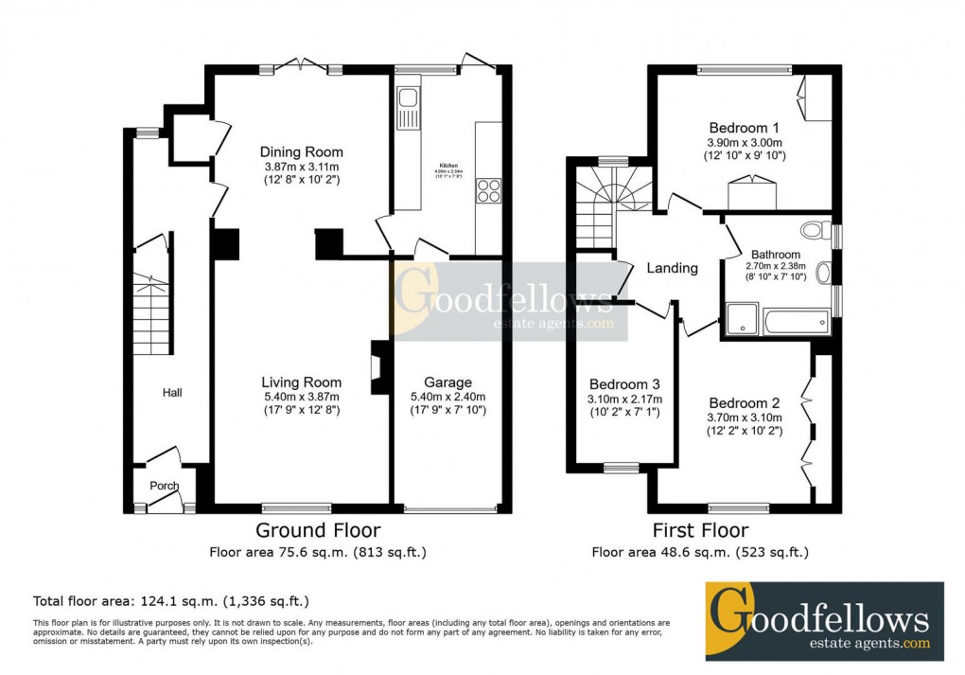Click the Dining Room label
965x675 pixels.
tap(302, 151)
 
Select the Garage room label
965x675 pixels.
tap(448, 382)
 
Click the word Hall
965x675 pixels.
tap(171, 392)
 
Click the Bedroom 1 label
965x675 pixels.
tap(745, 128)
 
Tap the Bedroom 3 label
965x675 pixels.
tap(624, 384)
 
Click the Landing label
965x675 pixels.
tap(672, 268)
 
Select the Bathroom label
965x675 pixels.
tap(776, 255)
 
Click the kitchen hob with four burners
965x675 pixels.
tap(488, 190)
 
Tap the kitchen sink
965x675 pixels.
tap(410, 98)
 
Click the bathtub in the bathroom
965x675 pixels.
tap(797, 320)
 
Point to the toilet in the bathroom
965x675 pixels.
tap(814, 230)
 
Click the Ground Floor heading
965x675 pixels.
tap(319, 530)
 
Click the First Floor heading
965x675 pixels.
tap(700, 530)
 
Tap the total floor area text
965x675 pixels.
tap(170, 601)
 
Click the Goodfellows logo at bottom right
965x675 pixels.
tap(824, 621)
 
